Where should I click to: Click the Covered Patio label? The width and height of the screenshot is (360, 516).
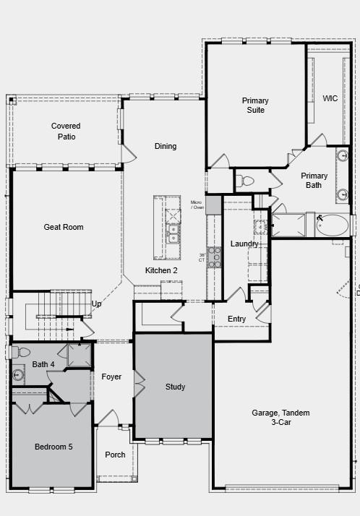[66, 131]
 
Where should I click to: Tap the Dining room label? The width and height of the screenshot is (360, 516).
[166, 146]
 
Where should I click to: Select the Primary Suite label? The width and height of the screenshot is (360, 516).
[255, 105]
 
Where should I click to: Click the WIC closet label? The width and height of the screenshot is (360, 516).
[330, 98]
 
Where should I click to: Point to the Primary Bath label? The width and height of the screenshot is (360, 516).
[314, 180]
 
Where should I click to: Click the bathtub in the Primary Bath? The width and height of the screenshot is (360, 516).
[333, 225]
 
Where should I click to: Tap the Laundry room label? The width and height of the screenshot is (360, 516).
[244, 244]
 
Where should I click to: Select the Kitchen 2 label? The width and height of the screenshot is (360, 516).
[161, 270]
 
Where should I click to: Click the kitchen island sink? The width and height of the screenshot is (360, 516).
[173, 232]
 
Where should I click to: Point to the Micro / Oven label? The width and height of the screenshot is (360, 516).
[197, 205]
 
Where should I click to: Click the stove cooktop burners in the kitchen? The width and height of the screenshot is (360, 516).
[214, 257]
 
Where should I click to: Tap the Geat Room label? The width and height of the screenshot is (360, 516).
[64, 227]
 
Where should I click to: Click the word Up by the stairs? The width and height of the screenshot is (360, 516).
[96, 304]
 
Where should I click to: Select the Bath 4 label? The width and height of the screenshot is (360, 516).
[43, 364]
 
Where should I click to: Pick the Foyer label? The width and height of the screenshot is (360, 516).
[111, 377]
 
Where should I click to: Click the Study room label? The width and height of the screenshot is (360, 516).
[175, 387]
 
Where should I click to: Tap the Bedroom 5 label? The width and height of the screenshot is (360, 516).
[53, 447]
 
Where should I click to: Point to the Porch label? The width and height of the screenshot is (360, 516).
[115, 455]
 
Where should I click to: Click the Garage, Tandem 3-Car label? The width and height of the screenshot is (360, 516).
[280, 417]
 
